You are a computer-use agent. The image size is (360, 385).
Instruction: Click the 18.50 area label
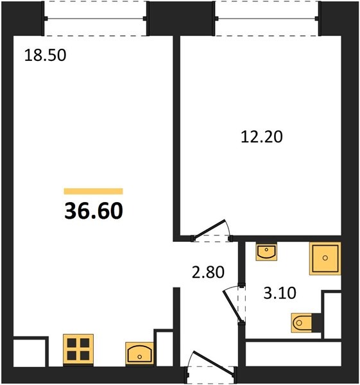46,55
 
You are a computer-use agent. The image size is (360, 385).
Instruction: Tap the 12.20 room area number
262,137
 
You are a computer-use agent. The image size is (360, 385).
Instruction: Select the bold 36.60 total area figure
94,211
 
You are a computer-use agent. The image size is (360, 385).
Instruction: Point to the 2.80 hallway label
208,272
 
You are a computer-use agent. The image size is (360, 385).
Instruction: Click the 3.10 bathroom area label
280,293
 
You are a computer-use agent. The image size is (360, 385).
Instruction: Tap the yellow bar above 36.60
93,191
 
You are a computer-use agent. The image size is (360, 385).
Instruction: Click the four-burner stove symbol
78,350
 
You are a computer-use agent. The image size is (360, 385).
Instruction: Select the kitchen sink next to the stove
139,354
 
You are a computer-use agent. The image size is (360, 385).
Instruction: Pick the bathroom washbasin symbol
266,252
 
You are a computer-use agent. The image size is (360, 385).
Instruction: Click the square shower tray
325,259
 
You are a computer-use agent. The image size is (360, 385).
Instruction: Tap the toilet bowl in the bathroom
302,323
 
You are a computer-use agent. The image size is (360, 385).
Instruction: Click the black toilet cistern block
316,323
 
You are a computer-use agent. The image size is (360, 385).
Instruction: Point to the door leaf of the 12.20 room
209,229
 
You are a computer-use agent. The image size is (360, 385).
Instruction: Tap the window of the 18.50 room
96,19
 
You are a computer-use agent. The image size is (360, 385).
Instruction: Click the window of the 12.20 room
267,19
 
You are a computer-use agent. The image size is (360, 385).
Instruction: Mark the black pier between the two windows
181,19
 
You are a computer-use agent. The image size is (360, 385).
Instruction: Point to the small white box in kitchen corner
30,353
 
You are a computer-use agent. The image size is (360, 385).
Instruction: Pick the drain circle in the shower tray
325,258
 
